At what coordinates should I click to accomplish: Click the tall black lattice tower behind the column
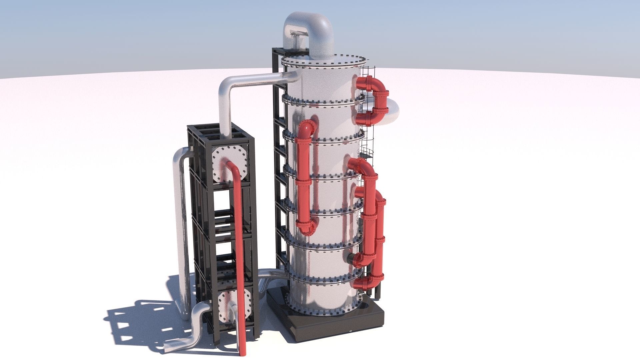(x=280, y=167)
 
